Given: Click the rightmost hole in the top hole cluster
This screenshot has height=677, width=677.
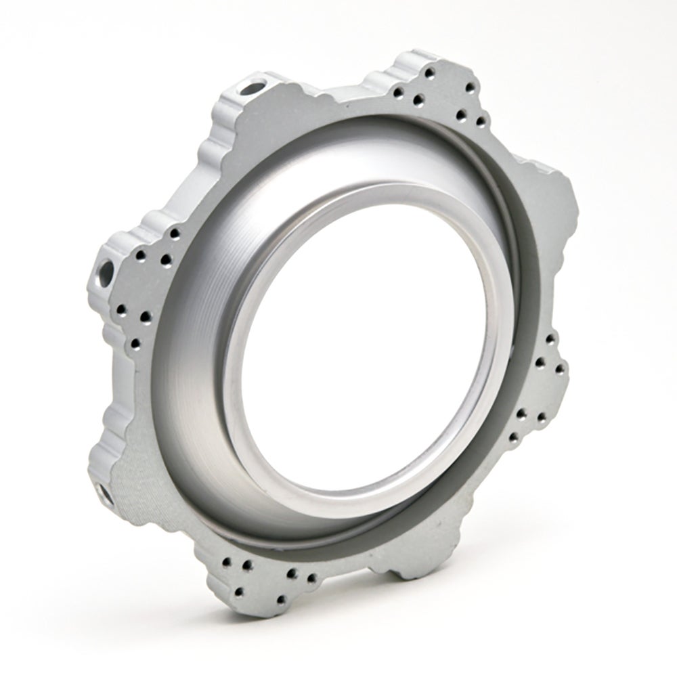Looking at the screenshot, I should [x=481, y=122].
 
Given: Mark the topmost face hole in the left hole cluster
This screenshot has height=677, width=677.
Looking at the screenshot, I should [x=175, y=233].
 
